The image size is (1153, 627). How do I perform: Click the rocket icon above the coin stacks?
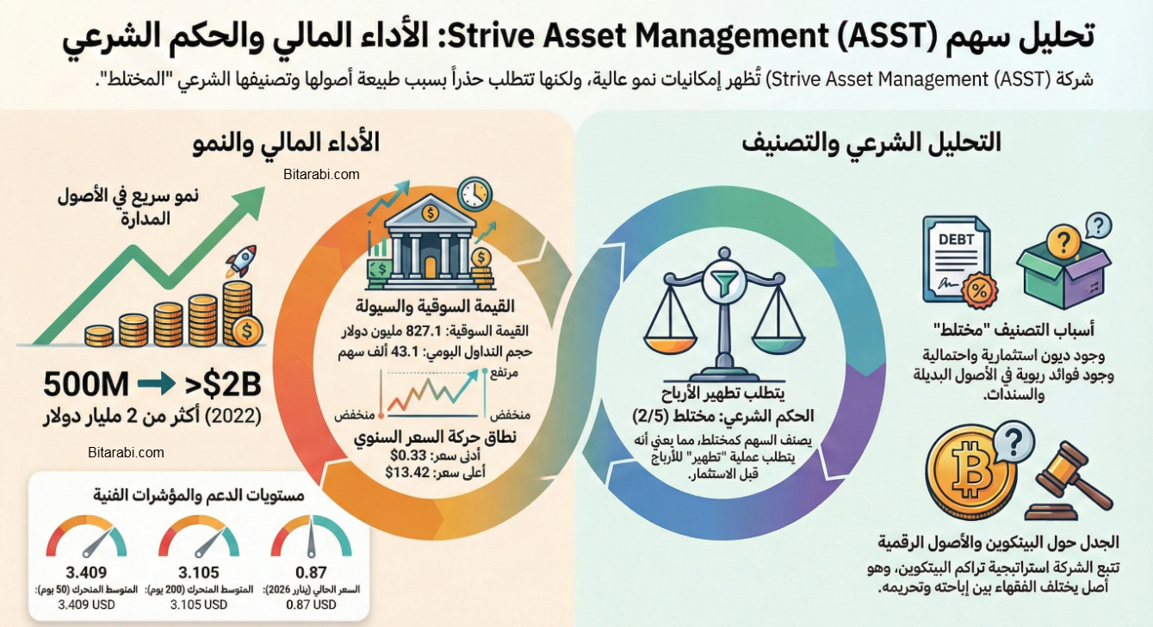pyautogui.click(x=242, y=261)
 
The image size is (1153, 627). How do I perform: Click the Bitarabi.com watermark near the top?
pyautogui.click(x=321, y=174)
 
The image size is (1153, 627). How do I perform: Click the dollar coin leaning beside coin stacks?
pyautogui.click(x=248, y=329)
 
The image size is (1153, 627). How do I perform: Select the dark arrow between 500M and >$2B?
pyautogui.click(x=156, y=382)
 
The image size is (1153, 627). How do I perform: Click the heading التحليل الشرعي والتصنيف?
pyautogui.click(x=871, y=143)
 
